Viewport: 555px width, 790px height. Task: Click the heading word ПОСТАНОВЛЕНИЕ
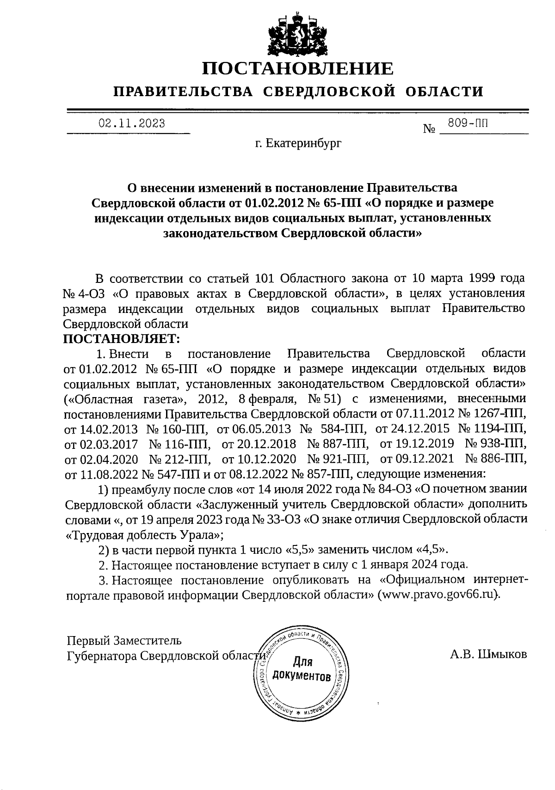pyautogui.click(x=298, y=69)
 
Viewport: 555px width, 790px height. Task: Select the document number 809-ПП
pyautogui.click(x=468, y=123)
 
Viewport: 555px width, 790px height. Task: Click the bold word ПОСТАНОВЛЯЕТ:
pyautogui.click(x=121, y=339)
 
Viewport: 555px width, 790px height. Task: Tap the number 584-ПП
pyautogui.click(x=345, y=429)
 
